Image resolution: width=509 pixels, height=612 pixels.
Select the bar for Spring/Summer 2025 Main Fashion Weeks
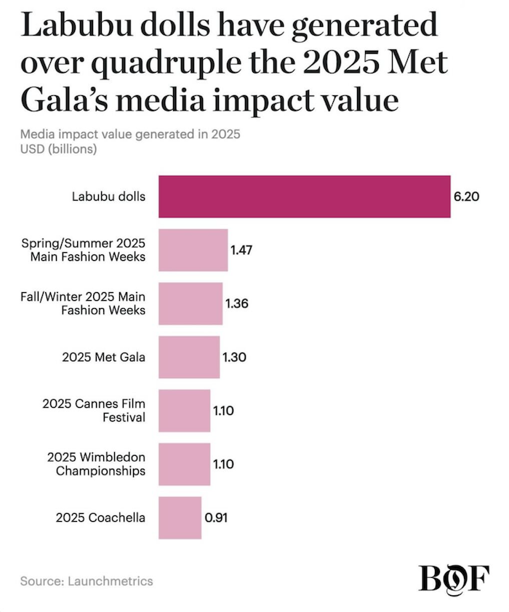(193, 249)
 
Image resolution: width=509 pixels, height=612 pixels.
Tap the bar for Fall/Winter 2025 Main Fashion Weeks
(191, 303)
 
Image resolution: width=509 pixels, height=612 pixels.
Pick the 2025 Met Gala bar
(189, 357)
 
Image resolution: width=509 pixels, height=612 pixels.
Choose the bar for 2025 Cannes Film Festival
(184, 411)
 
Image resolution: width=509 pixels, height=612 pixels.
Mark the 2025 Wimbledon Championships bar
(184, 464)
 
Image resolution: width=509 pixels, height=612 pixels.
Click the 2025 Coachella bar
(180, 518)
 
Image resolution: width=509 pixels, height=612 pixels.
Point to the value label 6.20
(467, 196)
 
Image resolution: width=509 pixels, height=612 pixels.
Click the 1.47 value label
(242, 250)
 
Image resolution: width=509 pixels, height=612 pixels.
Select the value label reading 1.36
(238, 304)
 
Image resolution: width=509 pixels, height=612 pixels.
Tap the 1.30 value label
(235, 358)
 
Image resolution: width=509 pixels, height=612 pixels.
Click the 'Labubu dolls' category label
(108, 196)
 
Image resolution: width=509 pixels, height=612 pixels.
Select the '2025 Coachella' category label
(100, 518)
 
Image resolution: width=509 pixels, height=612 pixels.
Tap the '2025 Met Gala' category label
(103, 358)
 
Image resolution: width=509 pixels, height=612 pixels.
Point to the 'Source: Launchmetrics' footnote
(87, 581)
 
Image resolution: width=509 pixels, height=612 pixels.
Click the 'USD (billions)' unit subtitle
(59, 150)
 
